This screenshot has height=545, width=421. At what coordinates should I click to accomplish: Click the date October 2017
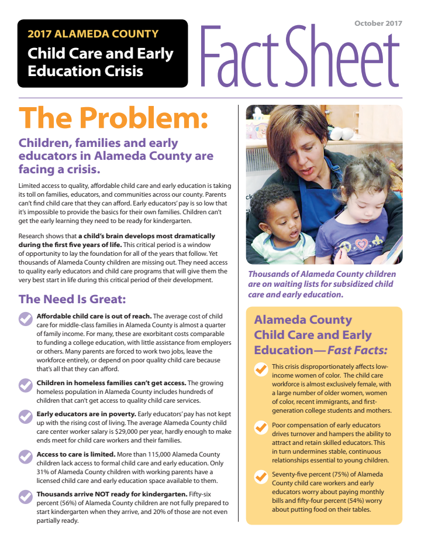click(378, 23)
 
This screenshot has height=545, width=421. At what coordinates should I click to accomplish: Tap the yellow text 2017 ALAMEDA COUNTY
click(93, 34)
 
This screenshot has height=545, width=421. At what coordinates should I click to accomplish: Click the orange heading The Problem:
click(113, 118)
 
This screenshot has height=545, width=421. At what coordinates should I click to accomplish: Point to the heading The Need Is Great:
click(73, 299)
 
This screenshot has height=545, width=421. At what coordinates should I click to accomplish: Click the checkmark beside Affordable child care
click(25, 318)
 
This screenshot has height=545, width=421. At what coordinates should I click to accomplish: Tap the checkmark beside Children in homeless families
click(25, 385)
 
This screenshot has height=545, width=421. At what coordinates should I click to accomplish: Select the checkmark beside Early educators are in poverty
click(25, 416)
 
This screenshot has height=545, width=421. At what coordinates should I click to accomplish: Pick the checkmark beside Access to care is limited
click(25, 456)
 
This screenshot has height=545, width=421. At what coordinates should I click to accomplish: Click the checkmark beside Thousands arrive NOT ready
click(25, 496)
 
